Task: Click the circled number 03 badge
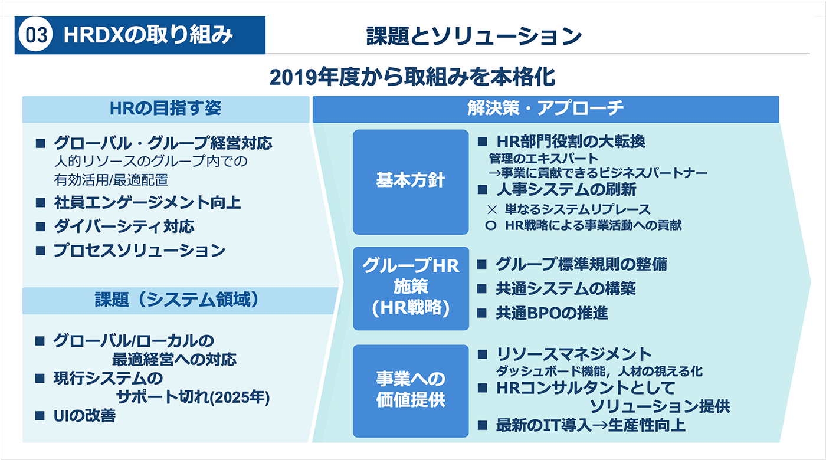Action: click(35, 35)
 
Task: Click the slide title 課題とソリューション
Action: click(474, 36)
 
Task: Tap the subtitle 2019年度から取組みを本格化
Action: click(412, 77)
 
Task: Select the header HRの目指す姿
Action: click(166, 109)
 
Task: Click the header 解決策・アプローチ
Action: click(545, 109)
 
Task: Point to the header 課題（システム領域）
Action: click(177, 300)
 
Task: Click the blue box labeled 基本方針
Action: click(411, 182)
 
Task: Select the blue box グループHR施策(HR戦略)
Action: click(411, 288)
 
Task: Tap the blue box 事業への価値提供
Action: click(411, 390)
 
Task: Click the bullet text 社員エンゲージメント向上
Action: click(147, 203)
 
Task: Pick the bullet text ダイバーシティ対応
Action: click(124, 226)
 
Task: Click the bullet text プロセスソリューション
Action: click(139, 251)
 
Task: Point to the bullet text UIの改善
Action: click(84, 416)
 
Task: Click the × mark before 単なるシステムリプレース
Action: click(492, 210)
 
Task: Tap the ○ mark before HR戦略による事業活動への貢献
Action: click(490, 225)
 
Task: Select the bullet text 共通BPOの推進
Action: click(552, 313)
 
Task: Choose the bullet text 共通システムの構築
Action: click(566, 288)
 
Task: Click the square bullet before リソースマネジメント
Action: click(483, 354)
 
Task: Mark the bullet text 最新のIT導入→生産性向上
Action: click(591, 425)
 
